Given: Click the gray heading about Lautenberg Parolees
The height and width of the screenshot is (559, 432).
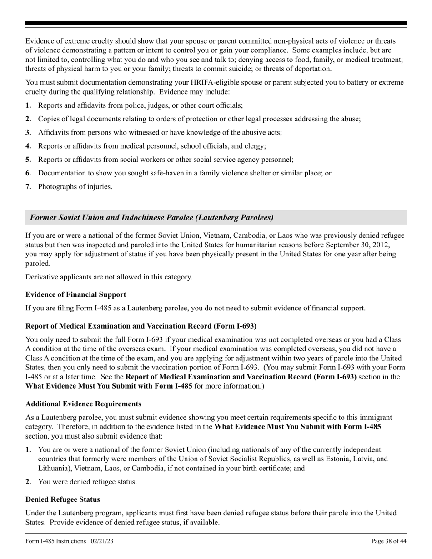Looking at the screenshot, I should pyautogui.click(x=152, y=218).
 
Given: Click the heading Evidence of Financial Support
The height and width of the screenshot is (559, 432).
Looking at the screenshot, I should pyautogui.click(x=75, y=294).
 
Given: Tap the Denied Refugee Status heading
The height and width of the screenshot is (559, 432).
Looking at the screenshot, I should pyautogui.click(x=63, y=499).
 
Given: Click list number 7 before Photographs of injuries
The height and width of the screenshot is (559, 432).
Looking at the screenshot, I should pyautogui.click(x=28, y=186).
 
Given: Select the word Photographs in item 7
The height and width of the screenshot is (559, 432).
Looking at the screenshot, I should pyautogui.click(x=57, y=186).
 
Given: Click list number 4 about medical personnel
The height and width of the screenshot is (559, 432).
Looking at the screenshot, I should pyautogui.click(x=28, y=146).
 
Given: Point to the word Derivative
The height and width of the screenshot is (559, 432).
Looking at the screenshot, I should pyautogui.click(x=41, y=277).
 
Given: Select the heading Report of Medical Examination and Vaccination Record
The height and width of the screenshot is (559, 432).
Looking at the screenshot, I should pyautogui.click(x=141, y=326).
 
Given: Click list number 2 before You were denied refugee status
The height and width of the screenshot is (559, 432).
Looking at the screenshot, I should pyautogui.click(x=28, y=481).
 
